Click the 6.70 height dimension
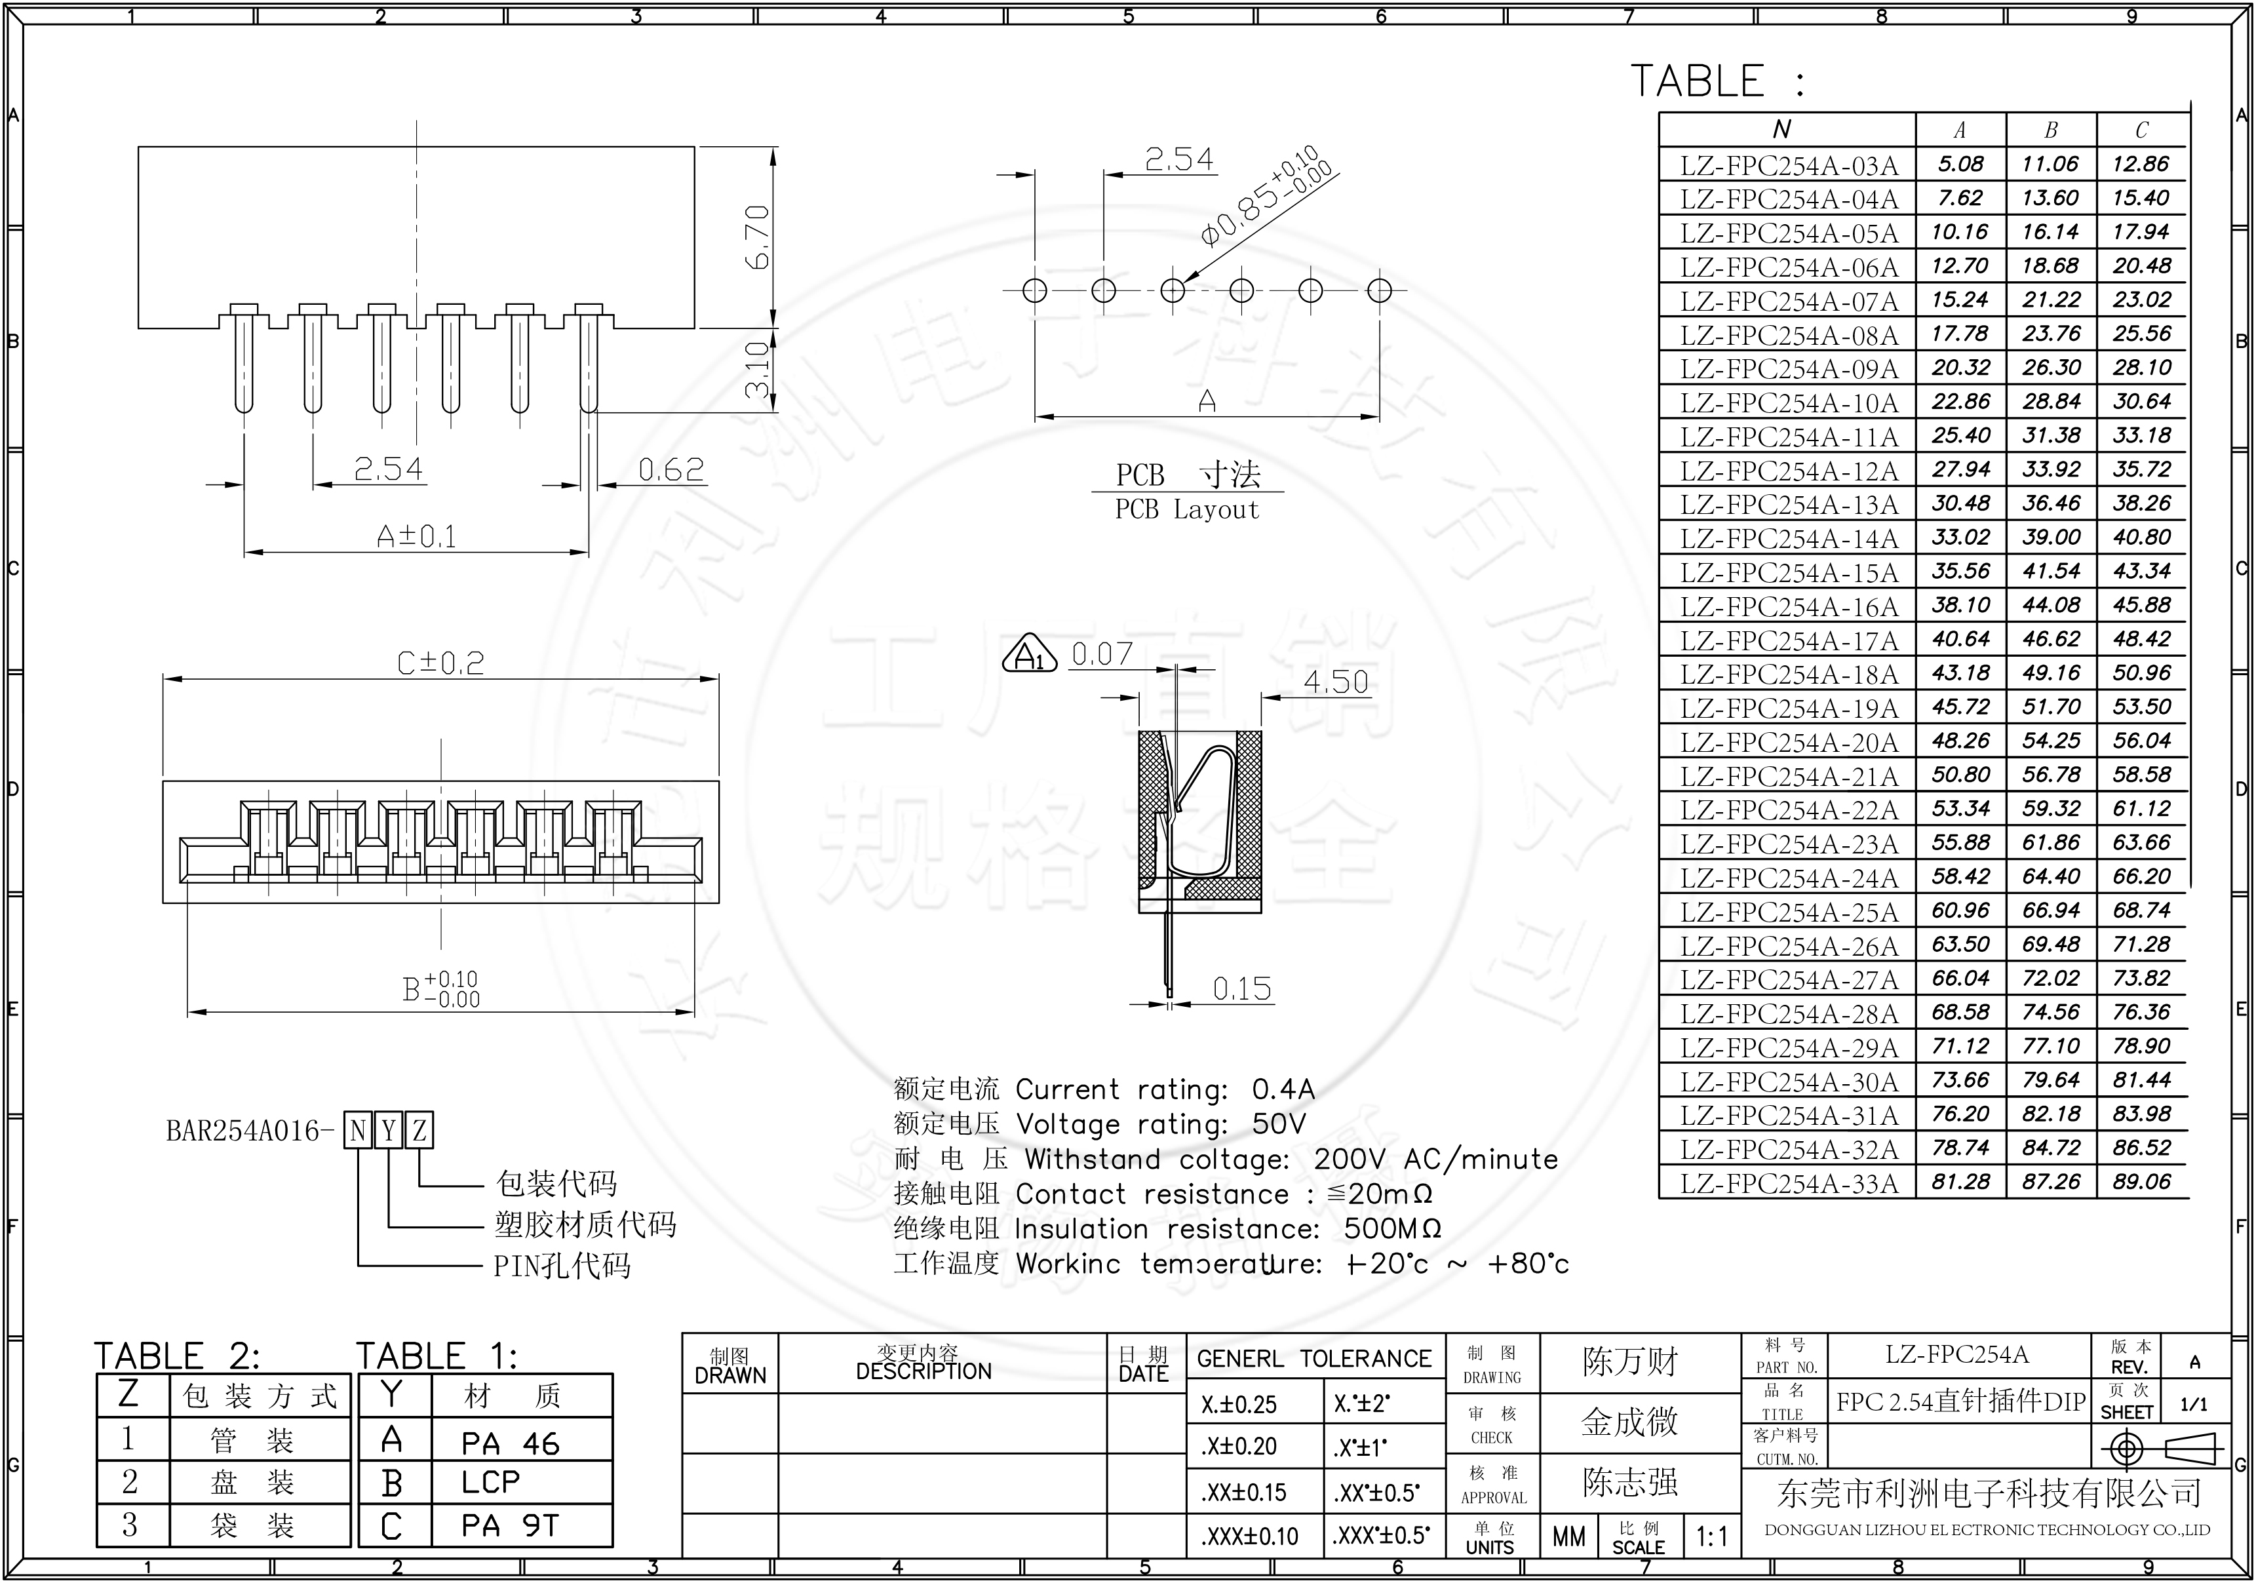(758, 238)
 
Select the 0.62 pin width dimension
(671, 470)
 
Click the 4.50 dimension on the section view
(1335, 682)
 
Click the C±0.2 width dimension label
(440, 663)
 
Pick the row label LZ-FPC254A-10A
(1788, 403)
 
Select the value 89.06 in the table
(2141, 1181)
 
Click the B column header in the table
(2051, 130)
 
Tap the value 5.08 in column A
(1960, 164)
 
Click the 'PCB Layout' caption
(1186, 510)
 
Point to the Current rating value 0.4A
(1282, 1089)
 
